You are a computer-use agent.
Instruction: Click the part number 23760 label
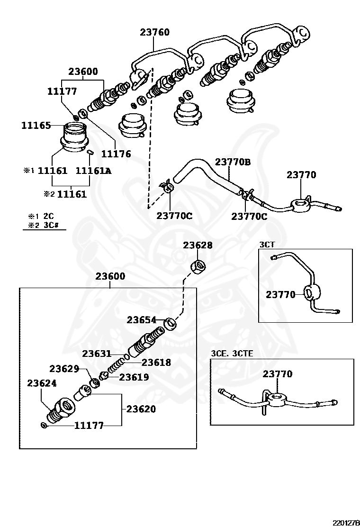(x=154, y=32)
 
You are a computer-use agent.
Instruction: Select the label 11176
(x=116, y=154)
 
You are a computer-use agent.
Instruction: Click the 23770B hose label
(x=233, y=162)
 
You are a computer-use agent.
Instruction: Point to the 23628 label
(x=198, y=245)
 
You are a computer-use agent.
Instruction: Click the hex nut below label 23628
(x=198, y=267)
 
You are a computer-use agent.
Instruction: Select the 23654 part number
(x=141, y=320)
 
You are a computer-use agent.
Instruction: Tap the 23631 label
(x=97, y=354)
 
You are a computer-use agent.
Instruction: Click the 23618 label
(x=156, y=363)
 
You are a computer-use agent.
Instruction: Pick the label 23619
(x=134, y=377)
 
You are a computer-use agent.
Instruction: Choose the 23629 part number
(x=64, y=369)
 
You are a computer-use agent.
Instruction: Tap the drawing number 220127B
(x=346, y=523)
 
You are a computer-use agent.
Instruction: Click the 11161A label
(x=94, y=171)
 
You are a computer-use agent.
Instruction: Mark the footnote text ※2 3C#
(x=44, y=226)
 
